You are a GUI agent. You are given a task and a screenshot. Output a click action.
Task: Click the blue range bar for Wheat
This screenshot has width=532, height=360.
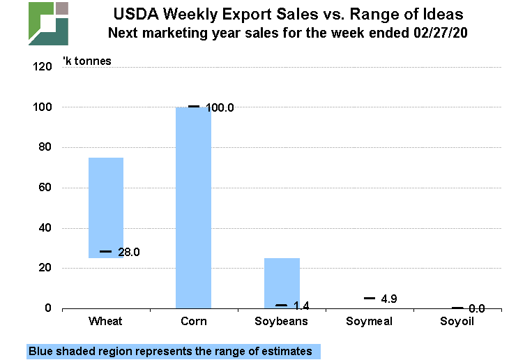pos(106,207)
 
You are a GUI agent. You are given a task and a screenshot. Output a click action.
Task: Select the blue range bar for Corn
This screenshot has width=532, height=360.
pos(193,207)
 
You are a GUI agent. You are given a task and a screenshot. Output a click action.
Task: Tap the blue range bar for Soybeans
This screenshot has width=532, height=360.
pos(282,283)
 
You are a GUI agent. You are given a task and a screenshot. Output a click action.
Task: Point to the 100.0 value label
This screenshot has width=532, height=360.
pos(220,108)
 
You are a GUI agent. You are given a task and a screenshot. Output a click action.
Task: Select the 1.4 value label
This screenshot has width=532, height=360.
pos(301,306)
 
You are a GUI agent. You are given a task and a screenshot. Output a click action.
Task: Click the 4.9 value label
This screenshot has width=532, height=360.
pos(388,299)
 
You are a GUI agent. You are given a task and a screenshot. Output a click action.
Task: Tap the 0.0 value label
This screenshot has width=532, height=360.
pos(477,308)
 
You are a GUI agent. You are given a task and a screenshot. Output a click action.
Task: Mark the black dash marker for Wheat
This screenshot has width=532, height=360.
pos(106,251)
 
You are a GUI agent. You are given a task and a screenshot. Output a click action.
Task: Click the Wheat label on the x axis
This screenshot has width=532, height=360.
pos(106,322)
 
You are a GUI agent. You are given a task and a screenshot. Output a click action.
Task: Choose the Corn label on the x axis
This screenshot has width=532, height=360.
pos(193,322)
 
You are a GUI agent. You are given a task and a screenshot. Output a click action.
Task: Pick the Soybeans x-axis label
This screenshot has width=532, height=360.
pos(282,322)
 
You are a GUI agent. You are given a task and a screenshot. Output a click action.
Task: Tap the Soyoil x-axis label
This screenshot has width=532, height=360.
pos(458,322)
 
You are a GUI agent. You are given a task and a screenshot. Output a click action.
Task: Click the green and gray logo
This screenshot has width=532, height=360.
pos(48,23)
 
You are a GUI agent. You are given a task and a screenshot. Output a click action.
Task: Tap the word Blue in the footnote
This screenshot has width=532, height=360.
pos(42,351)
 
